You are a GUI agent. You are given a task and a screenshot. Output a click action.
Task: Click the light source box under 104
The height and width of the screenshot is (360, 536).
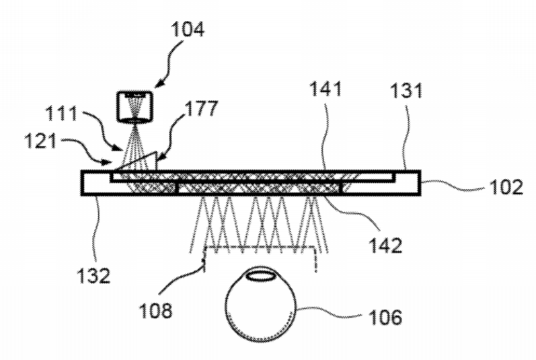coord(135,106)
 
